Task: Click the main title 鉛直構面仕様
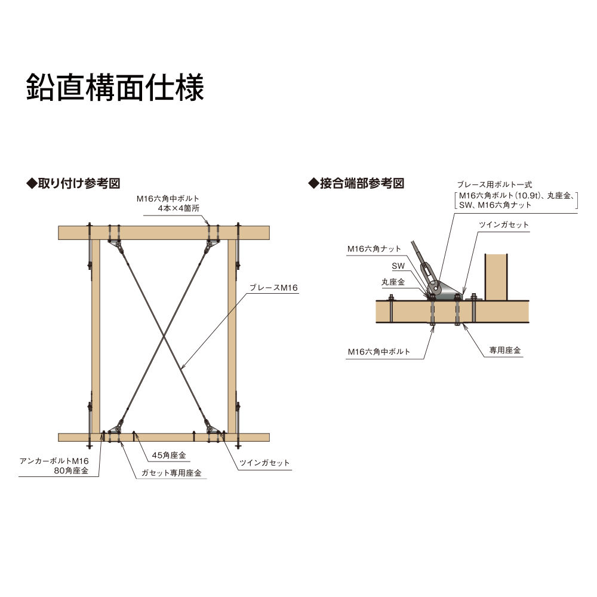pyautogui.click(x=115, y=88)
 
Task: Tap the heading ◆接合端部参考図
pyautogui.click(x=356, y=183)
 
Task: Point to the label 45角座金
pyautogui.click(x=169, y=456)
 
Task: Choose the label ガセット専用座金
pyautogui.click(x=171, y=473)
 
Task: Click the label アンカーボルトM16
pyautogui.click(x=54, y=461)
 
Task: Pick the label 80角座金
pyautogui.click(x=71, y=471)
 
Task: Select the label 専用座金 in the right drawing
pyautogui.click(x=505, y=351)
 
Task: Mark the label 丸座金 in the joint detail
pyautogui.click(x=393, y=281)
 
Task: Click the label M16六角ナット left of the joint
pyautogui.click(x=374, y=249)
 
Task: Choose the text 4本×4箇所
pyautogui.click(x=178, y=208)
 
